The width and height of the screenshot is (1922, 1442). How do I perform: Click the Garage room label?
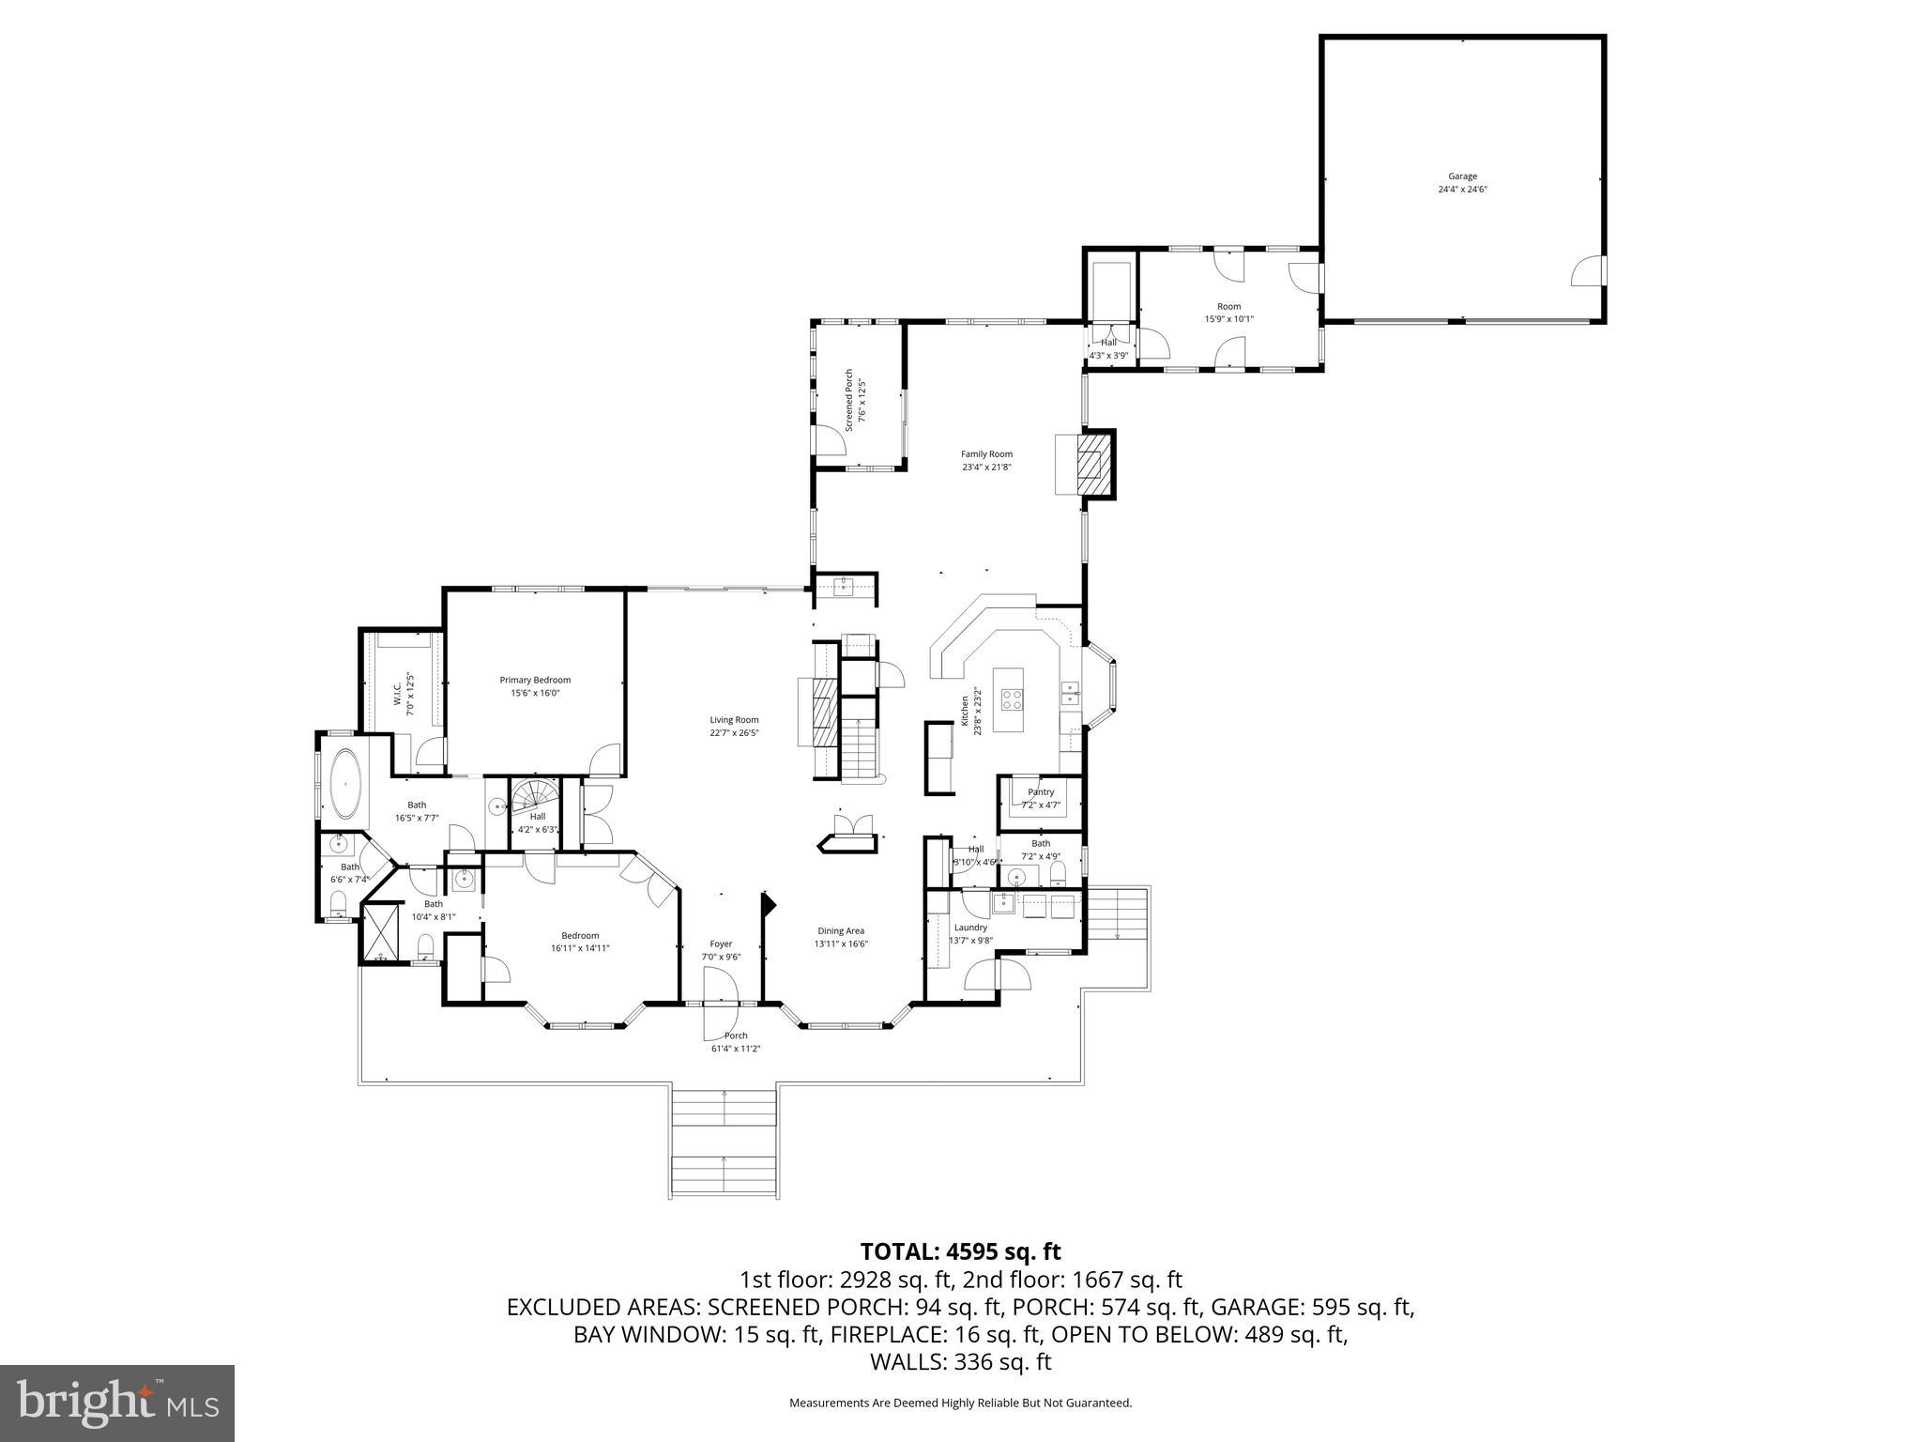coord(1462,176)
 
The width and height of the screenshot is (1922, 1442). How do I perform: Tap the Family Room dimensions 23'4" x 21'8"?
coord(986,467)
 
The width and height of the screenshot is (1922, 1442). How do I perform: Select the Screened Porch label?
coord(849,400)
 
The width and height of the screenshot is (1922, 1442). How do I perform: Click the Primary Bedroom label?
coord(535,680)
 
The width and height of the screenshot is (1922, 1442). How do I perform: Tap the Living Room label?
coord(734,720)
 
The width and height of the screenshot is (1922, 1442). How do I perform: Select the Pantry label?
coord(1041,792)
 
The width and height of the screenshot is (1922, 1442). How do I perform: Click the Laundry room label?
coord(970,928)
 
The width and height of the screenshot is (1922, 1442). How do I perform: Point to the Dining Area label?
coord(841,931)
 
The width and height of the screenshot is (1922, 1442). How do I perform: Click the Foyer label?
coord(721,944)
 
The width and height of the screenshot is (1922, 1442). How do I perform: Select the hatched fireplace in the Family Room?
coord(1091,464)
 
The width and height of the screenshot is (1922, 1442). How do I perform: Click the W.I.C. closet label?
coord(397,694)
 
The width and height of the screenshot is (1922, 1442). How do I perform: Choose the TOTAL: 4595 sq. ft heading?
coord(960,1251)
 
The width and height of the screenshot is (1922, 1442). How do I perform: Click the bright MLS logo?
coord(117,1404)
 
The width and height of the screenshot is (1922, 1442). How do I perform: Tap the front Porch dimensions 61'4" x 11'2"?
coord(736,1049)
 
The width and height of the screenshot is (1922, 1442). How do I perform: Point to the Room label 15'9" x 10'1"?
coord(1228,306)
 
